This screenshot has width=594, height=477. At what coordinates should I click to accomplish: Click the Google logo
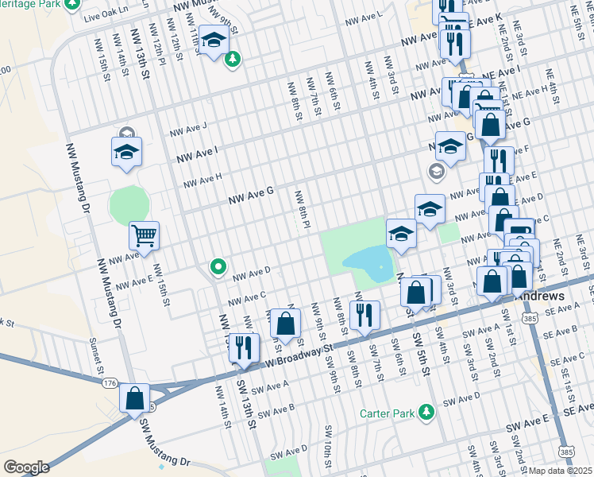(x=26, y=467)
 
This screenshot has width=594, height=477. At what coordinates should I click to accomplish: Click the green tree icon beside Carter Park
(x=426, y=411)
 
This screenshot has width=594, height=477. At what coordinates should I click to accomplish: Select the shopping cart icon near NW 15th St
(x=145, y=235)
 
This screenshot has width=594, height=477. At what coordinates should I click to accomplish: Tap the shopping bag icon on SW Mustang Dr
(x=135, y=397)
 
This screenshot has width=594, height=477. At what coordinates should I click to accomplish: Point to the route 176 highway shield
(x=110, y=383)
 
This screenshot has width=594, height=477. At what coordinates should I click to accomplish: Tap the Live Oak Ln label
(x=108, y=16)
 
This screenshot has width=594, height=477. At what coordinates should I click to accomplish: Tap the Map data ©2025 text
(x=561, y=471)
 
